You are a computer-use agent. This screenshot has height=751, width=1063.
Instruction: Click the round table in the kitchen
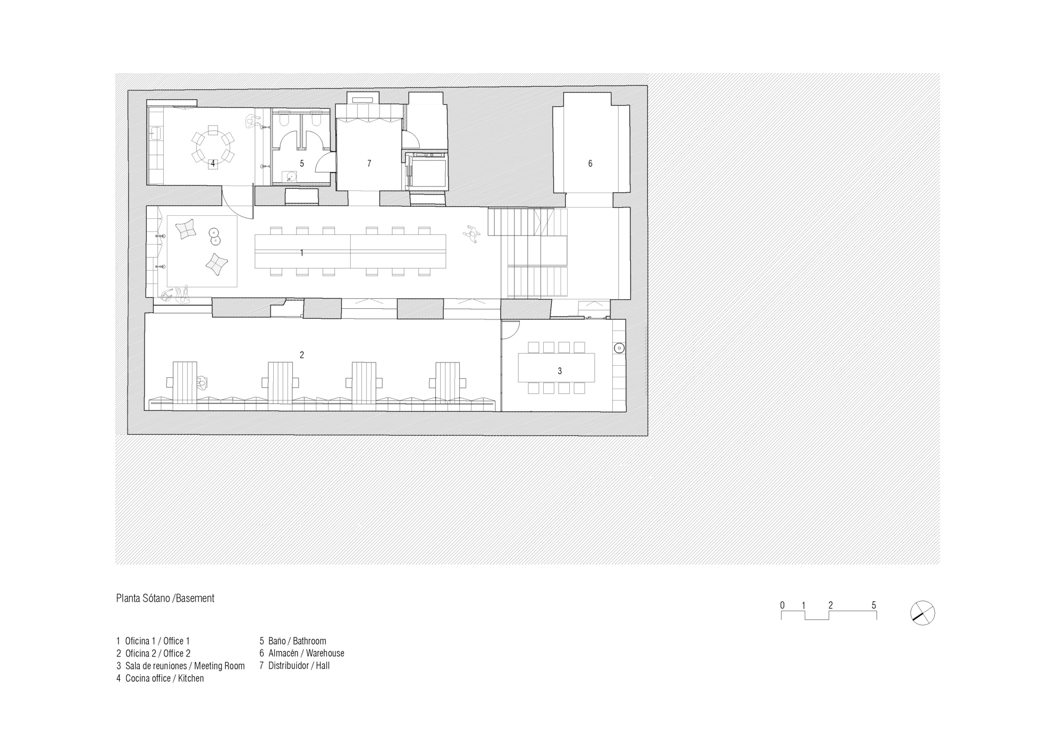213,148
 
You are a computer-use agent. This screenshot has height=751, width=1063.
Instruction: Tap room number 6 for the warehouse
590,164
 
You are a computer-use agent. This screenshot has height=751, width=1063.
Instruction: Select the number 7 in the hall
369,164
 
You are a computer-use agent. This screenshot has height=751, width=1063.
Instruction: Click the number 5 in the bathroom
301,164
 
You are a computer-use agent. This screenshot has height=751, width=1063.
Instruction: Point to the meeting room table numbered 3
556,367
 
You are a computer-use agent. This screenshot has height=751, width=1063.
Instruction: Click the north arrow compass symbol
922,613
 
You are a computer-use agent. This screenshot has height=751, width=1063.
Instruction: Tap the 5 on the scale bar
874,605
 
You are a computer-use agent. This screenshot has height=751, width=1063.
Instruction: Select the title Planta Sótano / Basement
165,598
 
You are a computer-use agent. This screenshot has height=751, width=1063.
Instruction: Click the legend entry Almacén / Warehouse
302,653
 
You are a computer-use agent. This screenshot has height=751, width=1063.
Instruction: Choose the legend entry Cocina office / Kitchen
160,678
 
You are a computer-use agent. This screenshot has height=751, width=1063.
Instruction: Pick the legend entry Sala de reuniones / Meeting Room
181,666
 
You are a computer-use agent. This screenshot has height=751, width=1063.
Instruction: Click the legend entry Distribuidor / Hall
294,665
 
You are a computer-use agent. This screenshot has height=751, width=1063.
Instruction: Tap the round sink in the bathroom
290,176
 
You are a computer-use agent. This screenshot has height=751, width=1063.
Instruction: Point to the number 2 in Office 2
301,355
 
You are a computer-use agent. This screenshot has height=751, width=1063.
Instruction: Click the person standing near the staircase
471,234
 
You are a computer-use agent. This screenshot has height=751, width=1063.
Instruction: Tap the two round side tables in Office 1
215,237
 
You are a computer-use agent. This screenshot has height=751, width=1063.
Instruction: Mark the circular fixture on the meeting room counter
619,349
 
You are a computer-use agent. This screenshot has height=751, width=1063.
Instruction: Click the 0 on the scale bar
782,605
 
